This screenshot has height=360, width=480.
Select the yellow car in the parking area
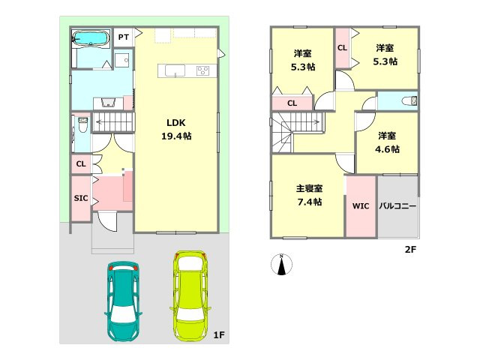pos(190,296)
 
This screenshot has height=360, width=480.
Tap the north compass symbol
pos(282,264)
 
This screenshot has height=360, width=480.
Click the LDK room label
pos(176,123)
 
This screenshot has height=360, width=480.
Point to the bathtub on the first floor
pos(91,39)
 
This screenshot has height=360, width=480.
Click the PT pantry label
pos(124,37)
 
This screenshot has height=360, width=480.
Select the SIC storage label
pos(81,198)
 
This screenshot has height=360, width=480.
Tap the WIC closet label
pos(361,205)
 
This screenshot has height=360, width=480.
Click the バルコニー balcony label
pos(397,205)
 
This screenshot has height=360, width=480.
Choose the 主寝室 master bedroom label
pos(309,188)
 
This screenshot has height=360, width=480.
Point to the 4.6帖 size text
pos(387,149)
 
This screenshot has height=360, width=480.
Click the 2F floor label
pos(410,250)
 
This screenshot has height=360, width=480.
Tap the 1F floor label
pos(219,335)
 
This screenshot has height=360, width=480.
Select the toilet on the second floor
pos(409,100)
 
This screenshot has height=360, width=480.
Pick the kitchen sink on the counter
pos(175,70)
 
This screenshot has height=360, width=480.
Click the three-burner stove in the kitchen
pos(202,70)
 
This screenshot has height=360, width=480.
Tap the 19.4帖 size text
pos(176,136)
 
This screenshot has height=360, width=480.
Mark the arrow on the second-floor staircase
pos(301,122)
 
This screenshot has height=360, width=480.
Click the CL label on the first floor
pos(81,164)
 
